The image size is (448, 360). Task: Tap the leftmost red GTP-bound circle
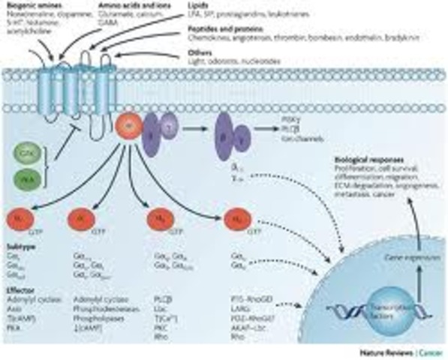pyautogui.click(x=20, y=219)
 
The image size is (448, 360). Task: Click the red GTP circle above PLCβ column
pyautogui.click(x=158, y=219)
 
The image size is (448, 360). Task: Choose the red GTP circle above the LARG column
pyautogui.click(x=235, y=219)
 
